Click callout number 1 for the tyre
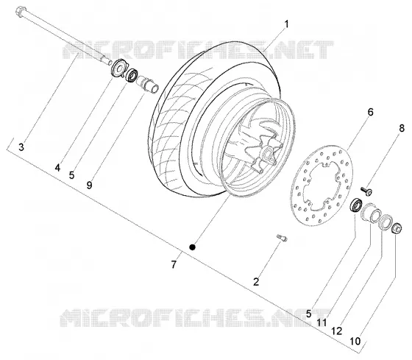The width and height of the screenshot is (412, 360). pyautogui.click(x=286, y=24)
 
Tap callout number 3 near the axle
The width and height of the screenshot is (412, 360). pyautogui.click(x=21, y=147)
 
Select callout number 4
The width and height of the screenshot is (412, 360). pyautogui.click(x=57, y=167)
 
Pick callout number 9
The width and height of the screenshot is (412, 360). pyautogui.click(x=89, y=185)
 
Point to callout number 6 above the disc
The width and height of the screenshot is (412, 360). pyautogui.click(x=370, y=112)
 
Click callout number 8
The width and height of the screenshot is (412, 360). pyautogui.click(x=402, y=128)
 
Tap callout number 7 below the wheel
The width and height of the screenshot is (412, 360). pyautogui.click(x=174, y=264)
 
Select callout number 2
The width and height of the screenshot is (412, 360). pyautogui.click(x=256, y=282)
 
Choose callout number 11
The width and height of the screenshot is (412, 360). pyautogui.click(x=322, y=322)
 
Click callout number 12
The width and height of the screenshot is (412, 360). pyautogui.click(x=337, y=331)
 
